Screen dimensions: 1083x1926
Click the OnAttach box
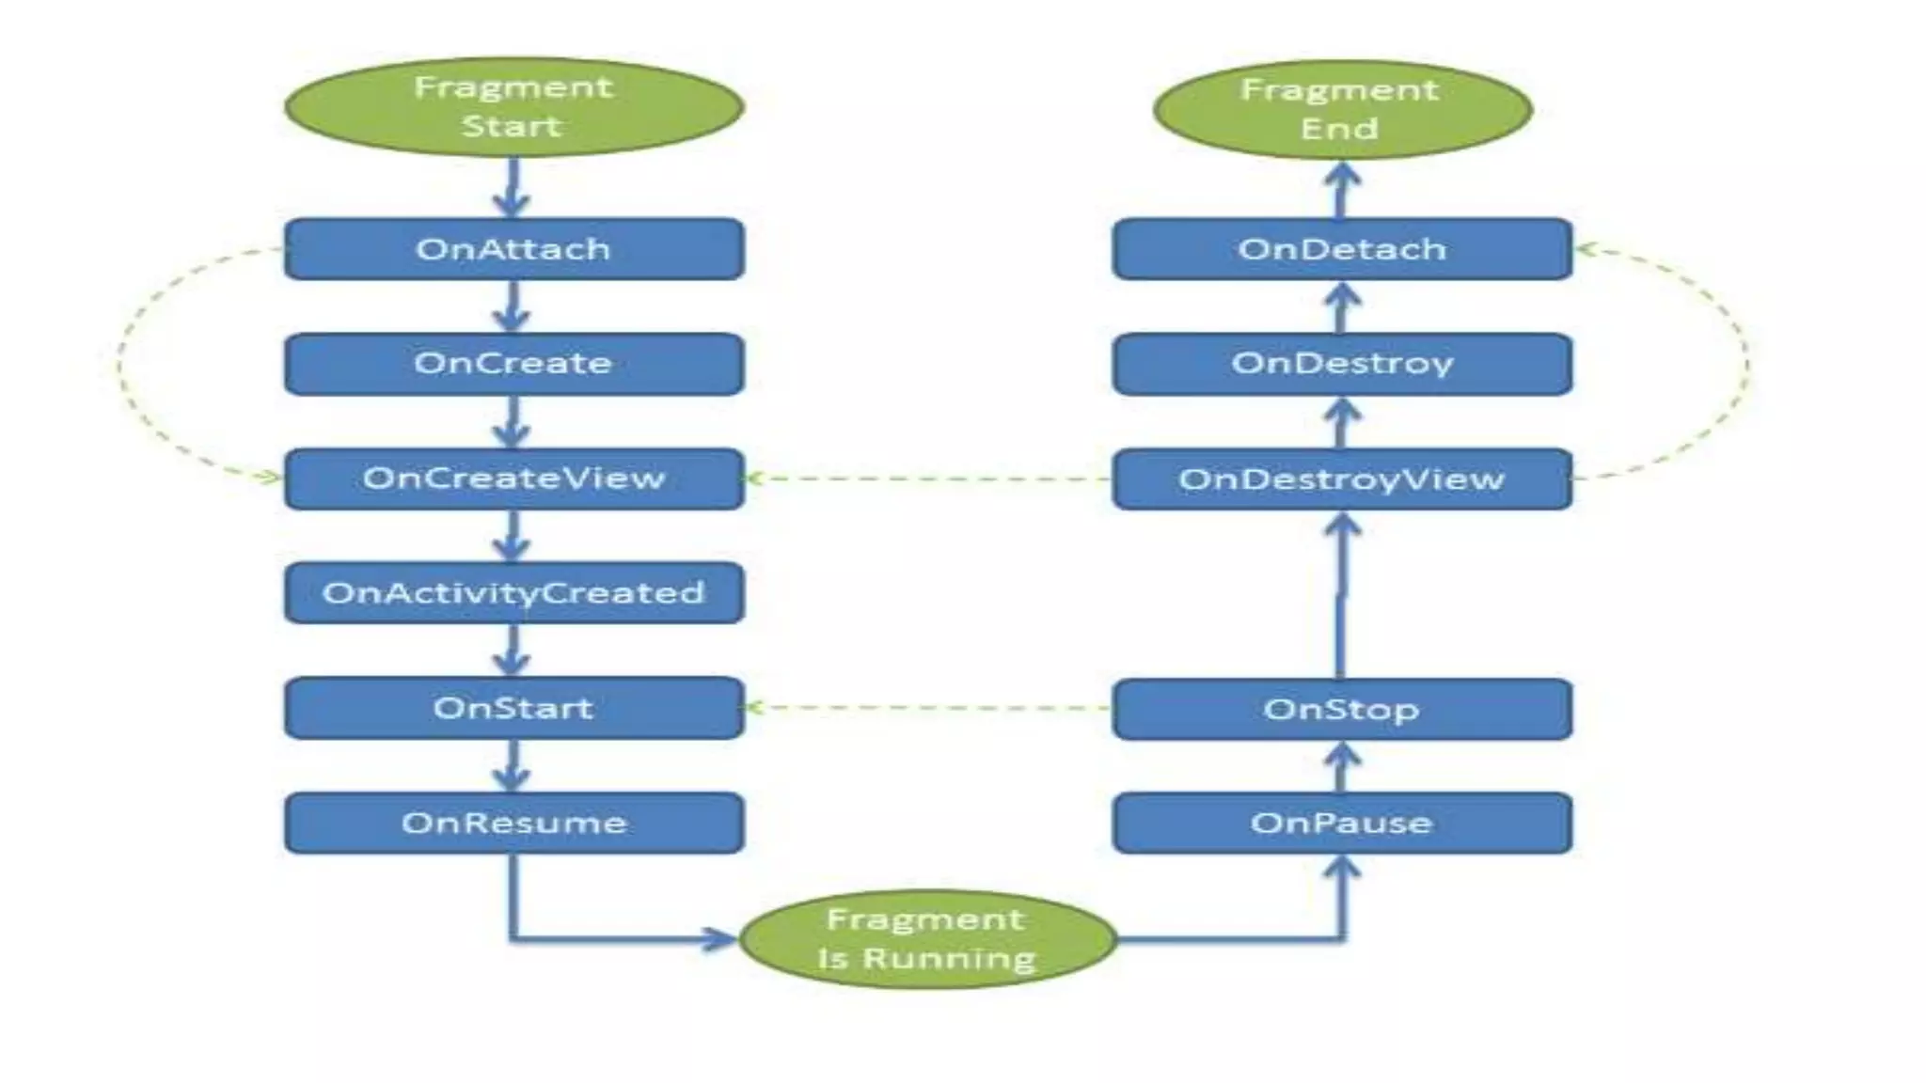[x=513, y=249]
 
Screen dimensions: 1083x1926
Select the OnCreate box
[x=513, y=364]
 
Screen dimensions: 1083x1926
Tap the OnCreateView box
[x=513, y=479]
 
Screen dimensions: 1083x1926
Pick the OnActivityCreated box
[x=513, y=593]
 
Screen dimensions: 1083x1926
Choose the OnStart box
[x=513, y=708]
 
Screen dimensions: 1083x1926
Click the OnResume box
[x=513, y=823]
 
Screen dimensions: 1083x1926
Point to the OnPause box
[x=1342, y=823]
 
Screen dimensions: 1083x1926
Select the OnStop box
[x=1342, y=709]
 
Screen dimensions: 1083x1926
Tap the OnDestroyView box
[x=1342, y=479]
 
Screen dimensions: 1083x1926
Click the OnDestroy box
[x=1342, y=364]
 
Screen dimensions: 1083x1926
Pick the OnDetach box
[x=1342, y=249]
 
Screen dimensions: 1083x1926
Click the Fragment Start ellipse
[x=513, y=106]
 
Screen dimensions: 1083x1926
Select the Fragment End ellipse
[x=1342, y=109]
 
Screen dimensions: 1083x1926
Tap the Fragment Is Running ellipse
[x=927, y=939]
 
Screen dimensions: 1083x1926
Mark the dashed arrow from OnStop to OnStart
[x=927, y=708]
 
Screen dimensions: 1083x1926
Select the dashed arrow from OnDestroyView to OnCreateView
[x=927, y=479]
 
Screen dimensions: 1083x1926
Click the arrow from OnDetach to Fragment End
[x=1342, y=190]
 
